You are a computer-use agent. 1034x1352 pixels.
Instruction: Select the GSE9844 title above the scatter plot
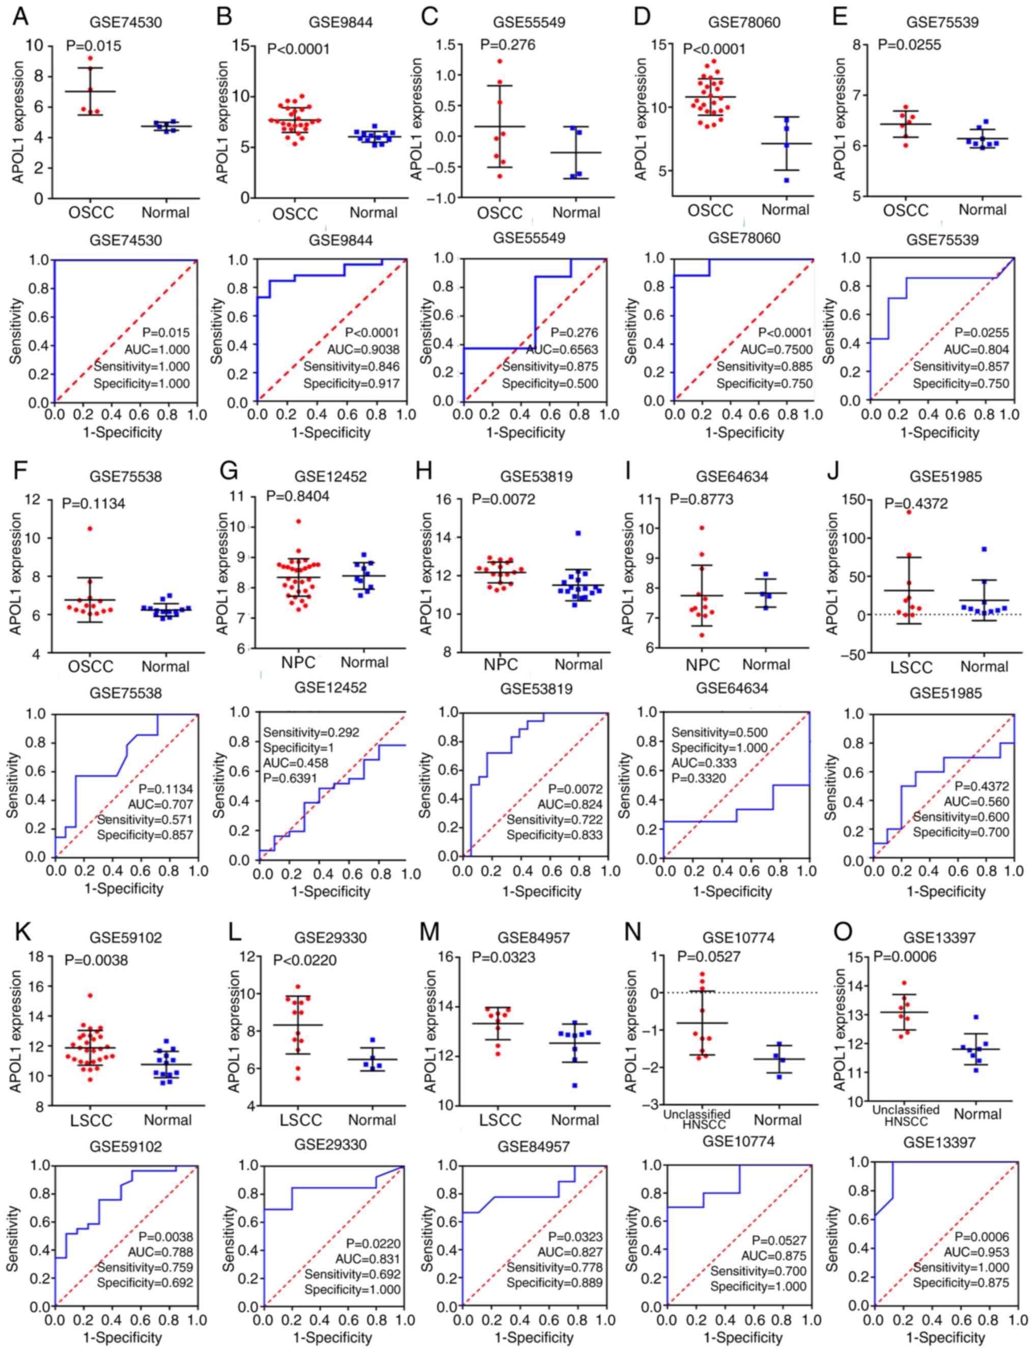[341, 23]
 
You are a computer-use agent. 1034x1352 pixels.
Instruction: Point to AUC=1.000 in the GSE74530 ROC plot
[159, 349]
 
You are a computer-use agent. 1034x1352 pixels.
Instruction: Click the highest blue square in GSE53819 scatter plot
[578, 534]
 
